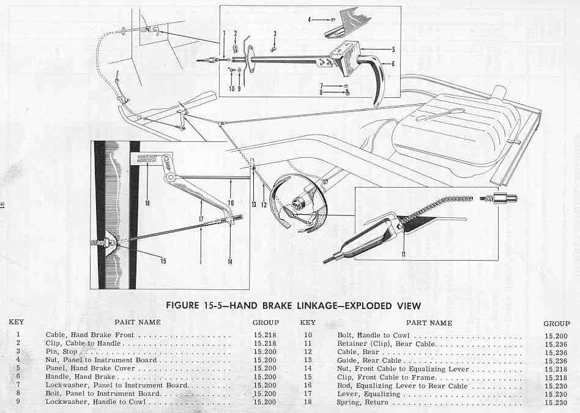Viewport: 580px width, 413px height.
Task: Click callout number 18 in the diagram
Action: [147, 203]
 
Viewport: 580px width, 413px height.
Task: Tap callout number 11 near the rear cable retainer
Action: [403, 254]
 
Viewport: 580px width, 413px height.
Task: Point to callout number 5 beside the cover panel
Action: [393, 49]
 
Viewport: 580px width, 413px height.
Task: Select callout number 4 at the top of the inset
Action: [310, 19]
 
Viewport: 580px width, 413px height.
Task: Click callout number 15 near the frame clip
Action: [163, 261]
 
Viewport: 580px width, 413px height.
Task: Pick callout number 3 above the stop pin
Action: [275, 34]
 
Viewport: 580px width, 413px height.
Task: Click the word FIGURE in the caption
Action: [182, 306]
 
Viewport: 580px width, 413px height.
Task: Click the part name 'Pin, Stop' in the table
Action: [61, 352]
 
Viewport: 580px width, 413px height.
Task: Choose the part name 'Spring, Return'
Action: [362, 402]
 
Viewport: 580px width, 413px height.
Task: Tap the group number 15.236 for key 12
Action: [556, 352]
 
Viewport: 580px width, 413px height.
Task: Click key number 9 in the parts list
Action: [18, 401]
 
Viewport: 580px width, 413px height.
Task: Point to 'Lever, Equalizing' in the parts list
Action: [368, 394]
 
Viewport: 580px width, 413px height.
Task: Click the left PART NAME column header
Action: [138, 322]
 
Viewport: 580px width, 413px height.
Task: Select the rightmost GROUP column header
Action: [556, 324]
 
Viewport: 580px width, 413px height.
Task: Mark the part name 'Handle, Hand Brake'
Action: [80, 377]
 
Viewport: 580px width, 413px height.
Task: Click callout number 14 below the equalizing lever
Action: [230, 262]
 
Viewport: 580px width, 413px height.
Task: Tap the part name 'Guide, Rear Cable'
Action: [369, 360]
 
